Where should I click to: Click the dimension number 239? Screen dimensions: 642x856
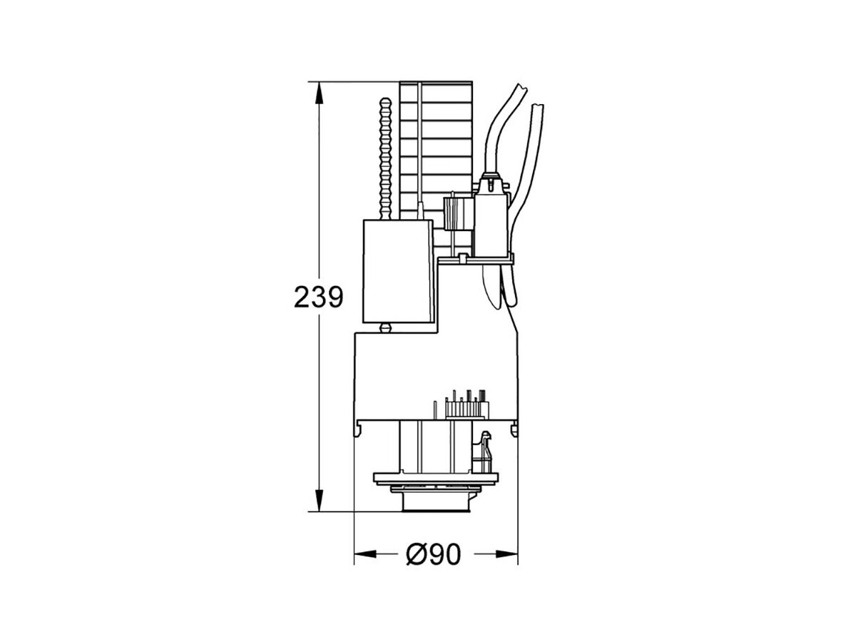point(318,297)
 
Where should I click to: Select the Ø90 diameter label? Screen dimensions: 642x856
point(434,554)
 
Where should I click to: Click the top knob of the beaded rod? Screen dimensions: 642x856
point(386,103)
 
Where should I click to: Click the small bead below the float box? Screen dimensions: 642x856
point(386,328)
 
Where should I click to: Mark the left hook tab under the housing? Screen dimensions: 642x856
point(359,427)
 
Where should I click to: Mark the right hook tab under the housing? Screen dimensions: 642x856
point(513,427)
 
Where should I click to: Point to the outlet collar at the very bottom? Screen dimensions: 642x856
point(435,503)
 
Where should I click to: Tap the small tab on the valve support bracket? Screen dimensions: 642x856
point(463,258)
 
